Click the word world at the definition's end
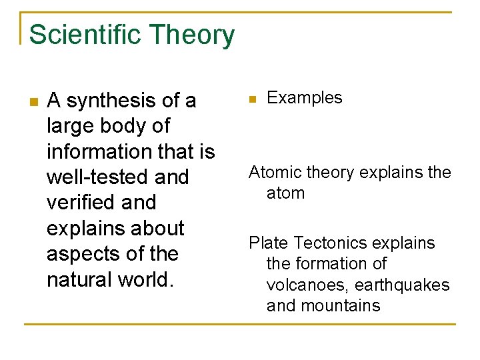coord(150,279)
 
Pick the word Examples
coord(304,98)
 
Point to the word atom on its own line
coord(285,193)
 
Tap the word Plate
coord(269,243)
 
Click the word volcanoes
coord(307,285)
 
